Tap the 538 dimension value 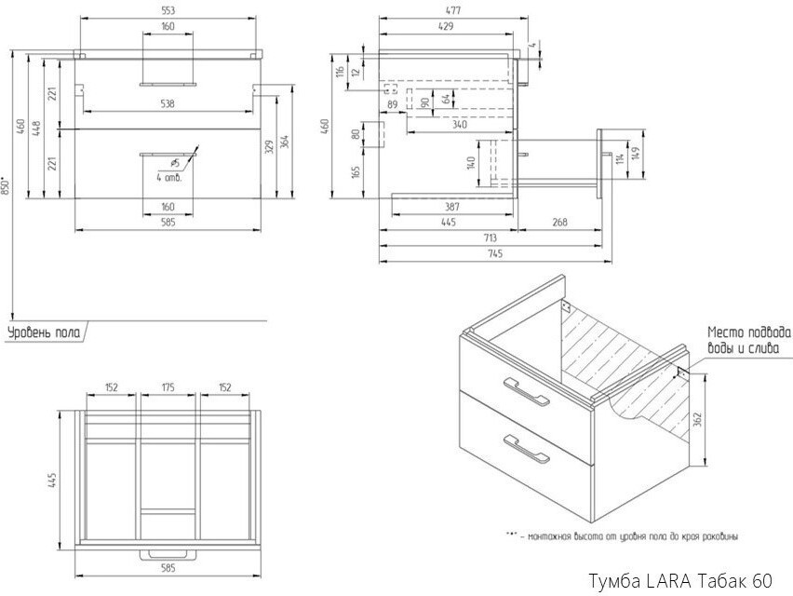pyautogui.click(x=168, y=103)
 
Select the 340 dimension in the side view pyautogui.click(x=459, y=124)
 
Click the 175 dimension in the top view pyautogui.click(x=168, y=386)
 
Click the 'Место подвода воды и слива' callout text pyautogui.click(x=748, y=340)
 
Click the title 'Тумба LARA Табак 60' pyautogui.click(x=679, y=582)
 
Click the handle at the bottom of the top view pyautogui.click(x=168, y=555)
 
